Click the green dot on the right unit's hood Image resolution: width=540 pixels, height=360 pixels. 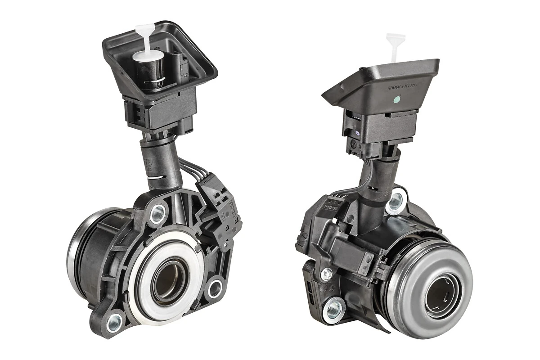click(397, 99)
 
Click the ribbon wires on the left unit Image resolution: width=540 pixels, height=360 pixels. click(189, 169)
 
